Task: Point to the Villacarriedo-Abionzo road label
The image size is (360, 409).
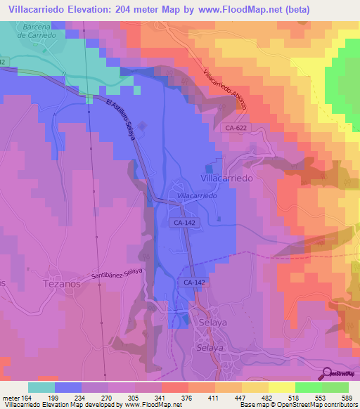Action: (226, 89)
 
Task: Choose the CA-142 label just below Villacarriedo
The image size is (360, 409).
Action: (184, 221)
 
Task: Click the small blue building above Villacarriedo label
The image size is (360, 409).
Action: (208, 167)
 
